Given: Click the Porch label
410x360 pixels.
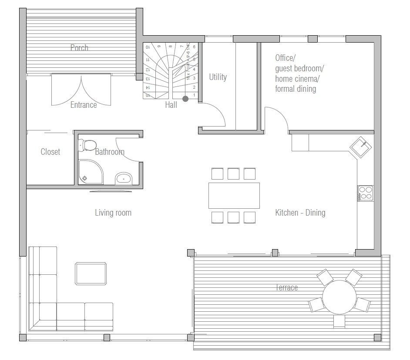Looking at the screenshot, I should point(79,48).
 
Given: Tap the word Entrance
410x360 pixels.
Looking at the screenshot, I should point(84,105).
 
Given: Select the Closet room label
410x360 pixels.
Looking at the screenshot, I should point(50,152).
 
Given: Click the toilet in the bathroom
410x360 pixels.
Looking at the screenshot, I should point(88,145).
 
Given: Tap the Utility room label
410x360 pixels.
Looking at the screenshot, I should point(218,77).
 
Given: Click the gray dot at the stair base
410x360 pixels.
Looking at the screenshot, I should point(185,99).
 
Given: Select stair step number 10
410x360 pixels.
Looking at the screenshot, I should point(148,47).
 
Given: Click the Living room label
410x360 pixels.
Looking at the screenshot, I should point(113,213).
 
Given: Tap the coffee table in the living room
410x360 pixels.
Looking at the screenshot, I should point(91,273).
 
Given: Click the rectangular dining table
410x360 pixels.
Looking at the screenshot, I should point(234,196).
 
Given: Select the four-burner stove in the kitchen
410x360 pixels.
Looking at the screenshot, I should point(365,193).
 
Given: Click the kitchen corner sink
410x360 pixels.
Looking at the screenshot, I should point(361,146).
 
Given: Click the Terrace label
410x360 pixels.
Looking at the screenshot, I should point(286,288).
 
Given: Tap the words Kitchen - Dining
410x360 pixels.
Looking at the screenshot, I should point(300,213).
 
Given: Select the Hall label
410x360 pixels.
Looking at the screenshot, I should point(171,105).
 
